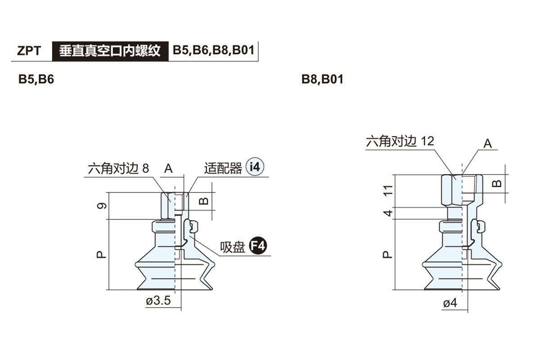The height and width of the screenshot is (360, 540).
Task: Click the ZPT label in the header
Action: coord(29,50)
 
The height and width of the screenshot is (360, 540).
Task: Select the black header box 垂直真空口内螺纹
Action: coord(110,50)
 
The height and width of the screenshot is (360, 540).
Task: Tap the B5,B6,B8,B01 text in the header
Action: coord(214,50)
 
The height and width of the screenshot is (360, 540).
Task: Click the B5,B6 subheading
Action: coord(36,79)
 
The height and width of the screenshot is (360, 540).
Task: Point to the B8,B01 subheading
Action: coord(322,79)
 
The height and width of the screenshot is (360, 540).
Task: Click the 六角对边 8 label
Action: coord(118,169)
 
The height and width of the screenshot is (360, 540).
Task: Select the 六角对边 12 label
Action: coord(400,141)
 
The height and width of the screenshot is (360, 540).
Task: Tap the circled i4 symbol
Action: coord(255,167)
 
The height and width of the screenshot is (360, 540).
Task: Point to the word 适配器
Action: coord(223,168)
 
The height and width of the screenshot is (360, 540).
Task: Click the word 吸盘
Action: coord(232,247)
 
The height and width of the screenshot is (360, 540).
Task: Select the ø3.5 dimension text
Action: coord(158,301)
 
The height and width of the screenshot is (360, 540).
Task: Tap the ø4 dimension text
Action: coord(450,303)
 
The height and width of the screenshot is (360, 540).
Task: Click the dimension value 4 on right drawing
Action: coord(388,213)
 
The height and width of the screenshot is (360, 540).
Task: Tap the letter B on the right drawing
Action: coord(496,183)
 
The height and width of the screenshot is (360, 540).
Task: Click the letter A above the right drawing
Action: coord(487,144)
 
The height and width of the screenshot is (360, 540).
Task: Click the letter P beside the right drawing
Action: coord(387,255)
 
